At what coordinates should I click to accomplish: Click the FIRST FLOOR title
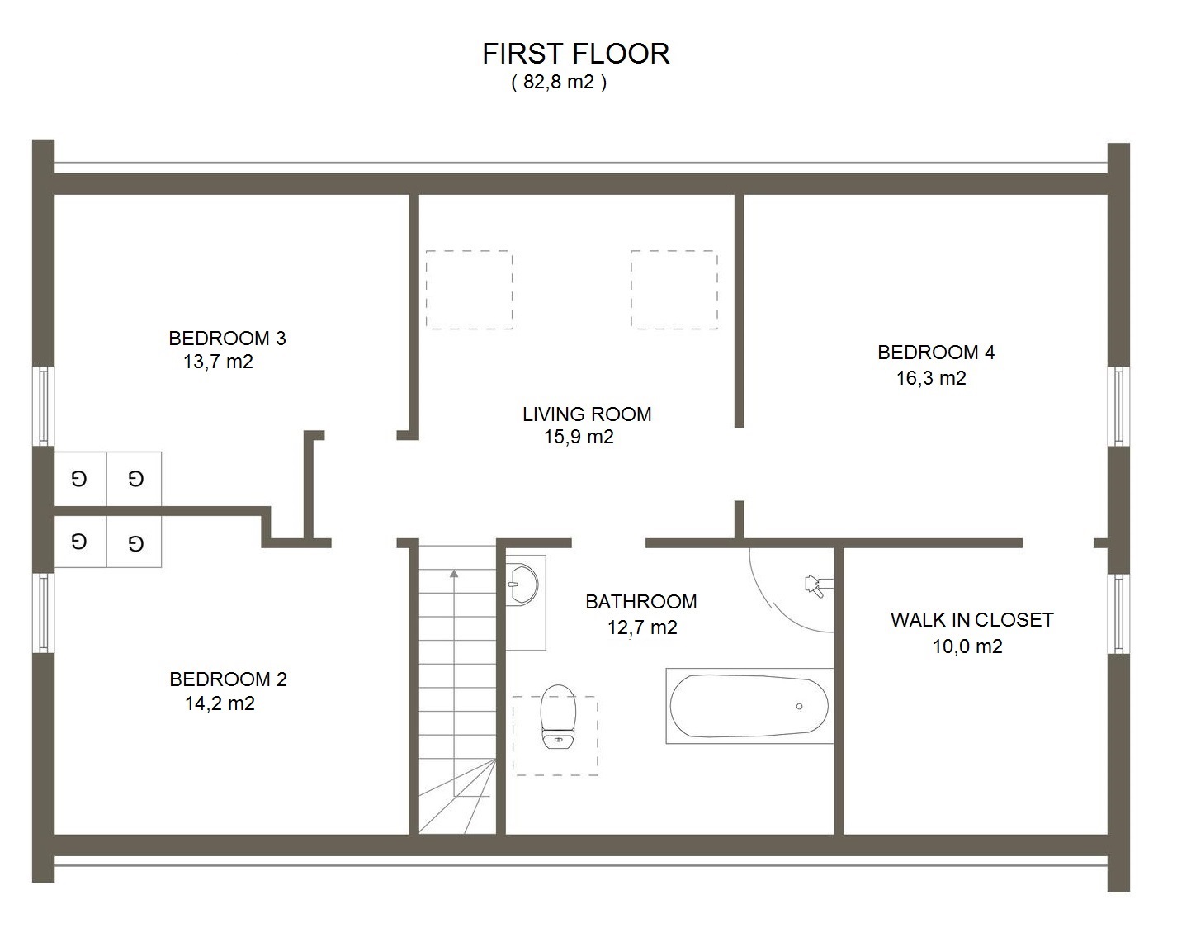(575, 54)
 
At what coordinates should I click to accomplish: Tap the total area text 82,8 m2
(559, 82)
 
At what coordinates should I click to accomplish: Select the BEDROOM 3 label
(227, 339)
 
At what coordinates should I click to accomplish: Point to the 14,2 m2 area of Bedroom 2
(220, 703)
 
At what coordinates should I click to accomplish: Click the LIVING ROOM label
(587, 414)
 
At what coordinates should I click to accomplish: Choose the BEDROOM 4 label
(936, 353)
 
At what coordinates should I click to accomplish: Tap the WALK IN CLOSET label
(972, 620)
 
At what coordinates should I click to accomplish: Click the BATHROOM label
(641, 602)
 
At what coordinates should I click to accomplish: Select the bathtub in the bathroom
(749, 706)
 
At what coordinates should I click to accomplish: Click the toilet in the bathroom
(559, 717)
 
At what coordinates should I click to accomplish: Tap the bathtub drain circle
(799, 707)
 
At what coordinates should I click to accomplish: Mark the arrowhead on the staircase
(454, 574)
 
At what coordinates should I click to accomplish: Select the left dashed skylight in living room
(470, 290)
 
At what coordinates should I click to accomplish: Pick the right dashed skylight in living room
(674, 290)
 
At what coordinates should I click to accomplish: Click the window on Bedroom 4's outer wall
(1118, 406)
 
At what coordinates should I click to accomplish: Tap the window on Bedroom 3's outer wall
(43, 406)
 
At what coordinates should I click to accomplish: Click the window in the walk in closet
(1118, 613)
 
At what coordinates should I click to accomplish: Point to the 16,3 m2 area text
(931, 378)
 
